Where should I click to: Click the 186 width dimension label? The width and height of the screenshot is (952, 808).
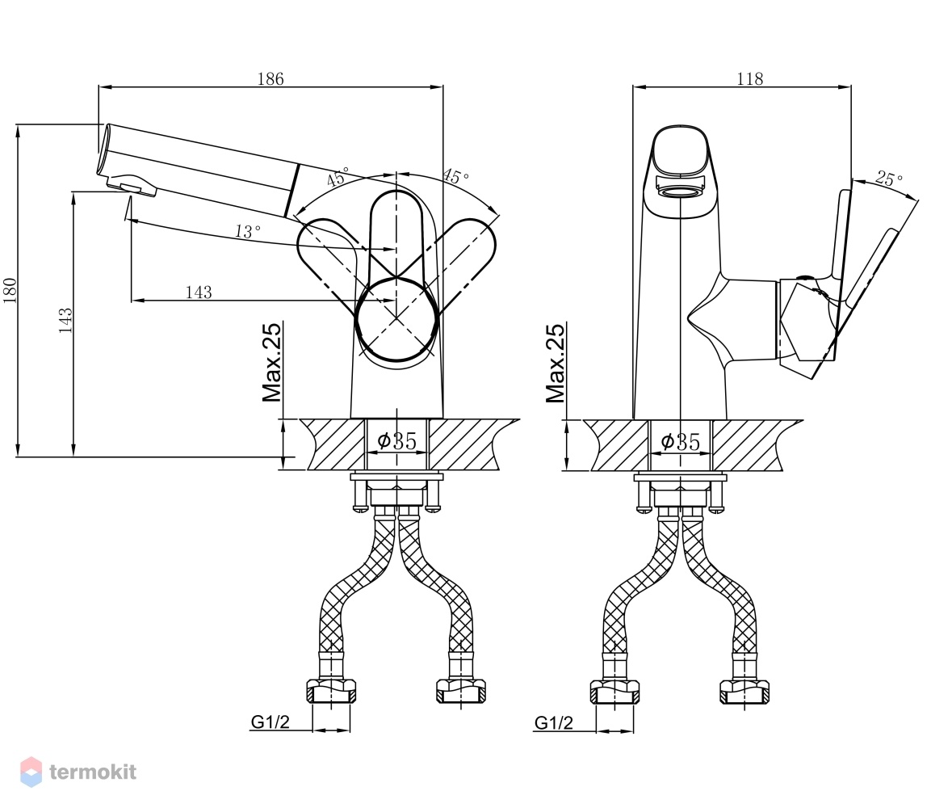click(x=271, y=79)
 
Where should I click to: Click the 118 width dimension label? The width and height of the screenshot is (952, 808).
click(x=750, y=79)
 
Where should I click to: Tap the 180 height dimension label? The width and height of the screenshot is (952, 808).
click(x=10, y=290)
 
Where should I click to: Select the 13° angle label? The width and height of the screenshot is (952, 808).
click(x=248, y=231)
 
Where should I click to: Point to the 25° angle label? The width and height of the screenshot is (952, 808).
click(x=889, y=179)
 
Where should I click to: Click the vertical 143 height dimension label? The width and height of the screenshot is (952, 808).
click(x=65, y=319)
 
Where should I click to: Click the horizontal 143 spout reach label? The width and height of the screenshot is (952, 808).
click(x=199, y=292)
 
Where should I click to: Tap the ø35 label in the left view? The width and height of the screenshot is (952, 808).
click(x=397, y=441)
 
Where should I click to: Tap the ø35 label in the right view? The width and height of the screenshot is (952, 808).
click(x=680, y=441)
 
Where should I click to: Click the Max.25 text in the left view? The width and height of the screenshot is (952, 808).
click(x=272, y=363)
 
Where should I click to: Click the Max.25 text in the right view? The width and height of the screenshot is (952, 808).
click(x=555, y=363)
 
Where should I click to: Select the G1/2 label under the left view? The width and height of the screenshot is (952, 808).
click(x=271, y=722)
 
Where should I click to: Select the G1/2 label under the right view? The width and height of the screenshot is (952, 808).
click(x=554, y=722)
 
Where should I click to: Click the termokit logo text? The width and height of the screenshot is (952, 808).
click(x=93, y=772)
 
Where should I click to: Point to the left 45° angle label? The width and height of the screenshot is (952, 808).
click(x=338, y=177)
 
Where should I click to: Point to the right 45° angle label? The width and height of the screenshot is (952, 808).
click(x=455, y=175)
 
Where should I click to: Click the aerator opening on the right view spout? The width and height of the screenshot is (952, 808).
click(x=680, y=191)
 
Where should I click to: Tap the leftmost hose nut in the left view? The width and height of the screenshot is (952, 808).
click(x=331, y=692)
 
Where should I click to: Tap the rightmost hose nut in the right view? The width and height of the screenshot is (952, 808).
click(x=744, y=692)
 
